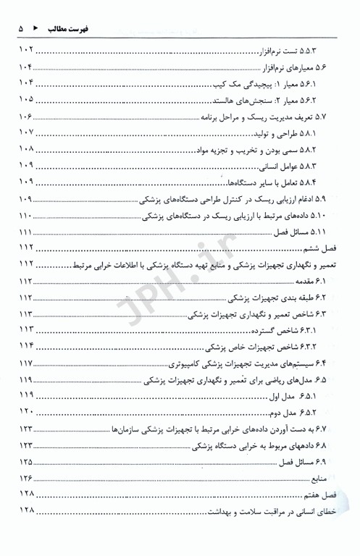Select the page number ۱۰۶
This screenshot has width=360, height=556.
(x=25, y=116)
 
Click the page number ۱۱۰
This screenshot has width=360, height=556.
(x=25, y=214)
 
